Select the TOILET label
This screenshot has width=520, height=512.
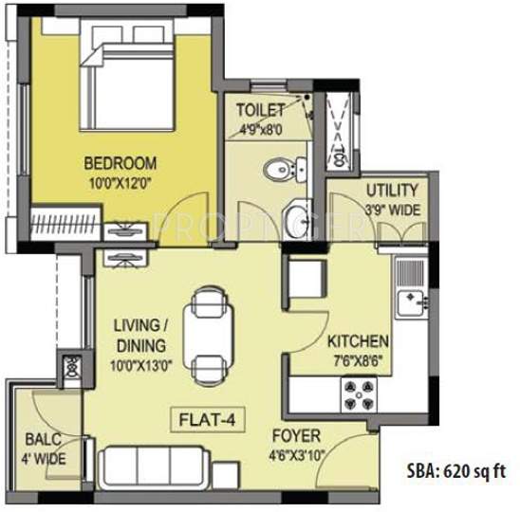coord(259,109)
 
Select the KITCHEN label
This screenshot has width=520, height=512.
coord(357,340)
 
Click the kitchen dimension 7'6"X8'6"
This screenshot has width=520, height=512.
coord(357,358)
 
